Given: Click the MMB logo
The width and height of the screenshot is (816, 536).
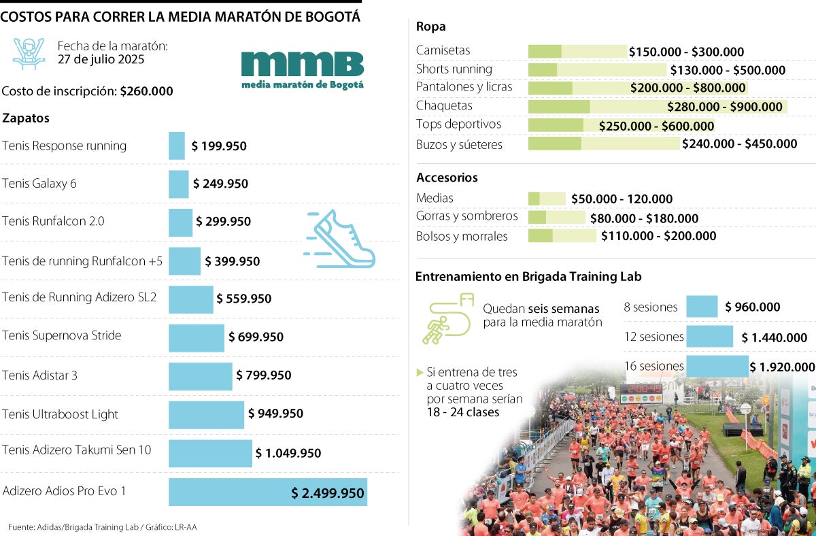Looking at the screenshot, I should [303, 69].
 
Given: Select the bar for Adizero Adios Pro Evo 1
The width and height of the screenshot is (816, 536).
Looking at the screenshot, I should [267, 492].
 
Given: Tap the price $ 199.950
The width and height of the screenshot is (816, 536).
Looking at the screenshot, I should [219, 146].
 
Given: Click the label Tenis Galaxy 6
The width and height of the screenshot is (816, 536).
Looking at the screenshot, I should [39, 184].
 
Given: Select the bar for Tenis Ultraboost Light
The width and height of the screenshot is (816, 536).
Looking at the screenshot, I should [206, 414].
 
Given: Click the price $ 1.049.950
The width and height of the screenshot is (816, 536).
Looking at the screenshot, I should [288, 453].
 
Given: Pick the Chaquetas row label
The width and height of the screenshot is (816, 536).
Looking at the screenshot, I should [444, 106].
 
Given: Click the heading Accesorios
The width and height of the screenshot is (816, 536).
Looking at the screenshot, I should [447, 178].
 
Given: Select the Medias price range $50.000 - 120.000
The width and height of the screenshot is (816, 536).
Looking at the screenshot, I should [622, 199].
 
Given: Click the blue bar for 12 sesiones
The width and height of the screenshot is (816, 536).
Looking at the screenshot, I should [709, 337].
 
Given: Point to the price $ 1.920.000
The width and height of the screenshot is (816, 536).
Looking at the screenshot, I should [782, 367].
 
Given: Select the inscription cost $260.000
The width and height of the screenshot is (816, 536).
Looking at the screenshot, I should [146, 91].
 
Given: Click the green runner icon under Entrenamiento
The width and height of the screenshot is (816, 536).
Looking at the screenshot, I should [445, 318].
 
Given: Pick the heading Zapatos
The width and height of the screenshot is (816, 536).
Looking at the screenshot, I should [26, 118].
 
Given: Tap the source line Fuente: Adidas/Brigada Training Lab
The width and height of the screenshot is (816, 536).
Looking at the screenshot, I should [102, 526].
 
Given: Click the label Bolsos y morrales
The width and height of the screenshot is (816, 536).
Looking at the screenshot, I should [462, 237].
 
